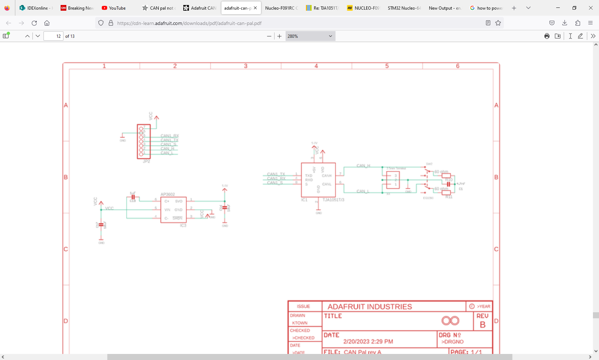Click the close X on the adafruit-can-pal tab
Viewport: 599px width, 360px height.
click(x=255, y=8)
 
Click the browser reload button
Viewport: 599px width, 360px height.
click(x=34, y=23)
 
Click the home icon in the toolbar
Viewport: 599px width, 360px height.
click(x=47, y=23)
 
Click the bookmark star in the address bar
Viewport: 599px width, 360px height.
click(x=498, y=23)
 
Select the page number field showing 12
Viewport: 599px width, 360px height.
click(x=53, y=36)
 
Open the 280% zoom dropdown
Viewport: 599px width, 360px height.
click(x=310, y=36)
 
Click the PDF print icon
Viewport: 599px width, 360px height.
click(x=547, y=36)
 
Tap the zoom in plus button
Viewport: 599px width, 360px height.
click(x=280, y=36)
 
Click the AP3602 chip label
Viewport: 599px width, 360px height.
click(x=168, y=194)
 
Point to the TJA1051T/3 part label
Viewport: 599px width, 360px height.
click(x=333, y=200)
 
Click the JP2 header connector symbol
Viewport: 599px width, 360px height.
click(x=144, y=142)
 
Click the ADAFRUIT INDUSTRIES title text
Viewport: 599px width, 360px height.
click(x=370, y=307)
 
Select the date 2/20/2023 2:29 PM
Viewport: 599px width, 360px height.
click(x=368, y=341)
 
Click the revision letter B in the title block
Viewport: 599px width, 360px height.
click(x=483, y=325)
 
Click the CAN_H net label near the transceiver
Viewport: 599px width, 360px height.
click(x=363, y=166)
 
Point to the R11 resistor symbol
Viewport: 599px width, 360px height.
click(x=446, y=193)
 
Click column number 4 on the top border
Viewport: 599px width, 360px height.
click(x=316, y=66)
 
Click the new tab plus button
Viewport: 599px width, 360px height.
click(x=514, y=8)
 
